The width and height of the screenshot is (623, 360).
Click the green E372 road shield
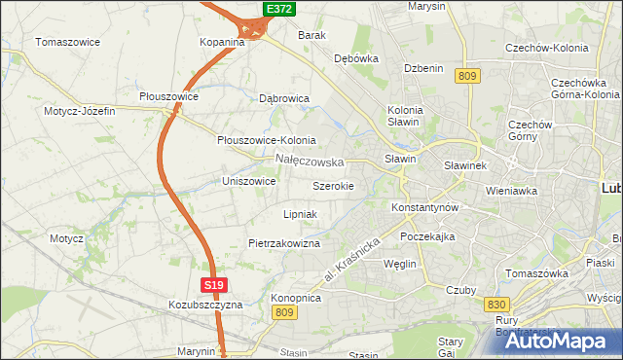[x=279, y=9]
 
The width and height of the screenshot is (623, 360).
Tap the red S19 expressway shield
[x=215, y=285]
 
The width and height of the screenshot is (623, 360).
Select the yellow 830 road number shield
[x=495, y=305]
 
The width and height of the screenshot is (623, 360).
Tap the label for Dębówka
[x=355, y=58]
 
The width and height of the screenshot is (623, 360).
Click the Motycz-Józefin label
[x=80, y=111]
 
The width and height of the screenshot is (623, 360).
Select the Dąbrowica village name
[x=284, y=98]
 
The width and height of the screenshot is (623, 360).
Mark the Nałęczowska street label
[x=310, y=161]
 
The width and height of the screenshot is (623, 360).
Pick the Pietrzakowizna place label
[x=284, y=243]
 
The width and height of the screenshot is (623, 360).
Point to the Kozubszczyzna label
[x=204, y=305]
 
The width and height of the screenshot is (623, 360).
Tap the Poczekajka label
[x=427, y=236]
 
